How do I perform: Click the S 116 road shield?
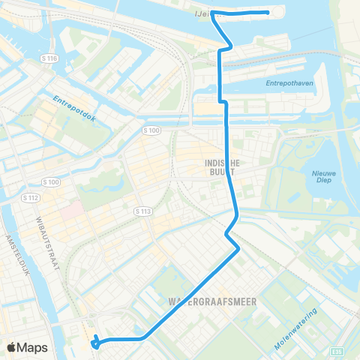coord(50,58)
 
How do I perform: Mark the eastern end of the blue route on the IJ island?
coord(268,13)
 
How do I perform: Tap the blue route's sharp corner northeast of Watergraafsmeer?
coord(239,248)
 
